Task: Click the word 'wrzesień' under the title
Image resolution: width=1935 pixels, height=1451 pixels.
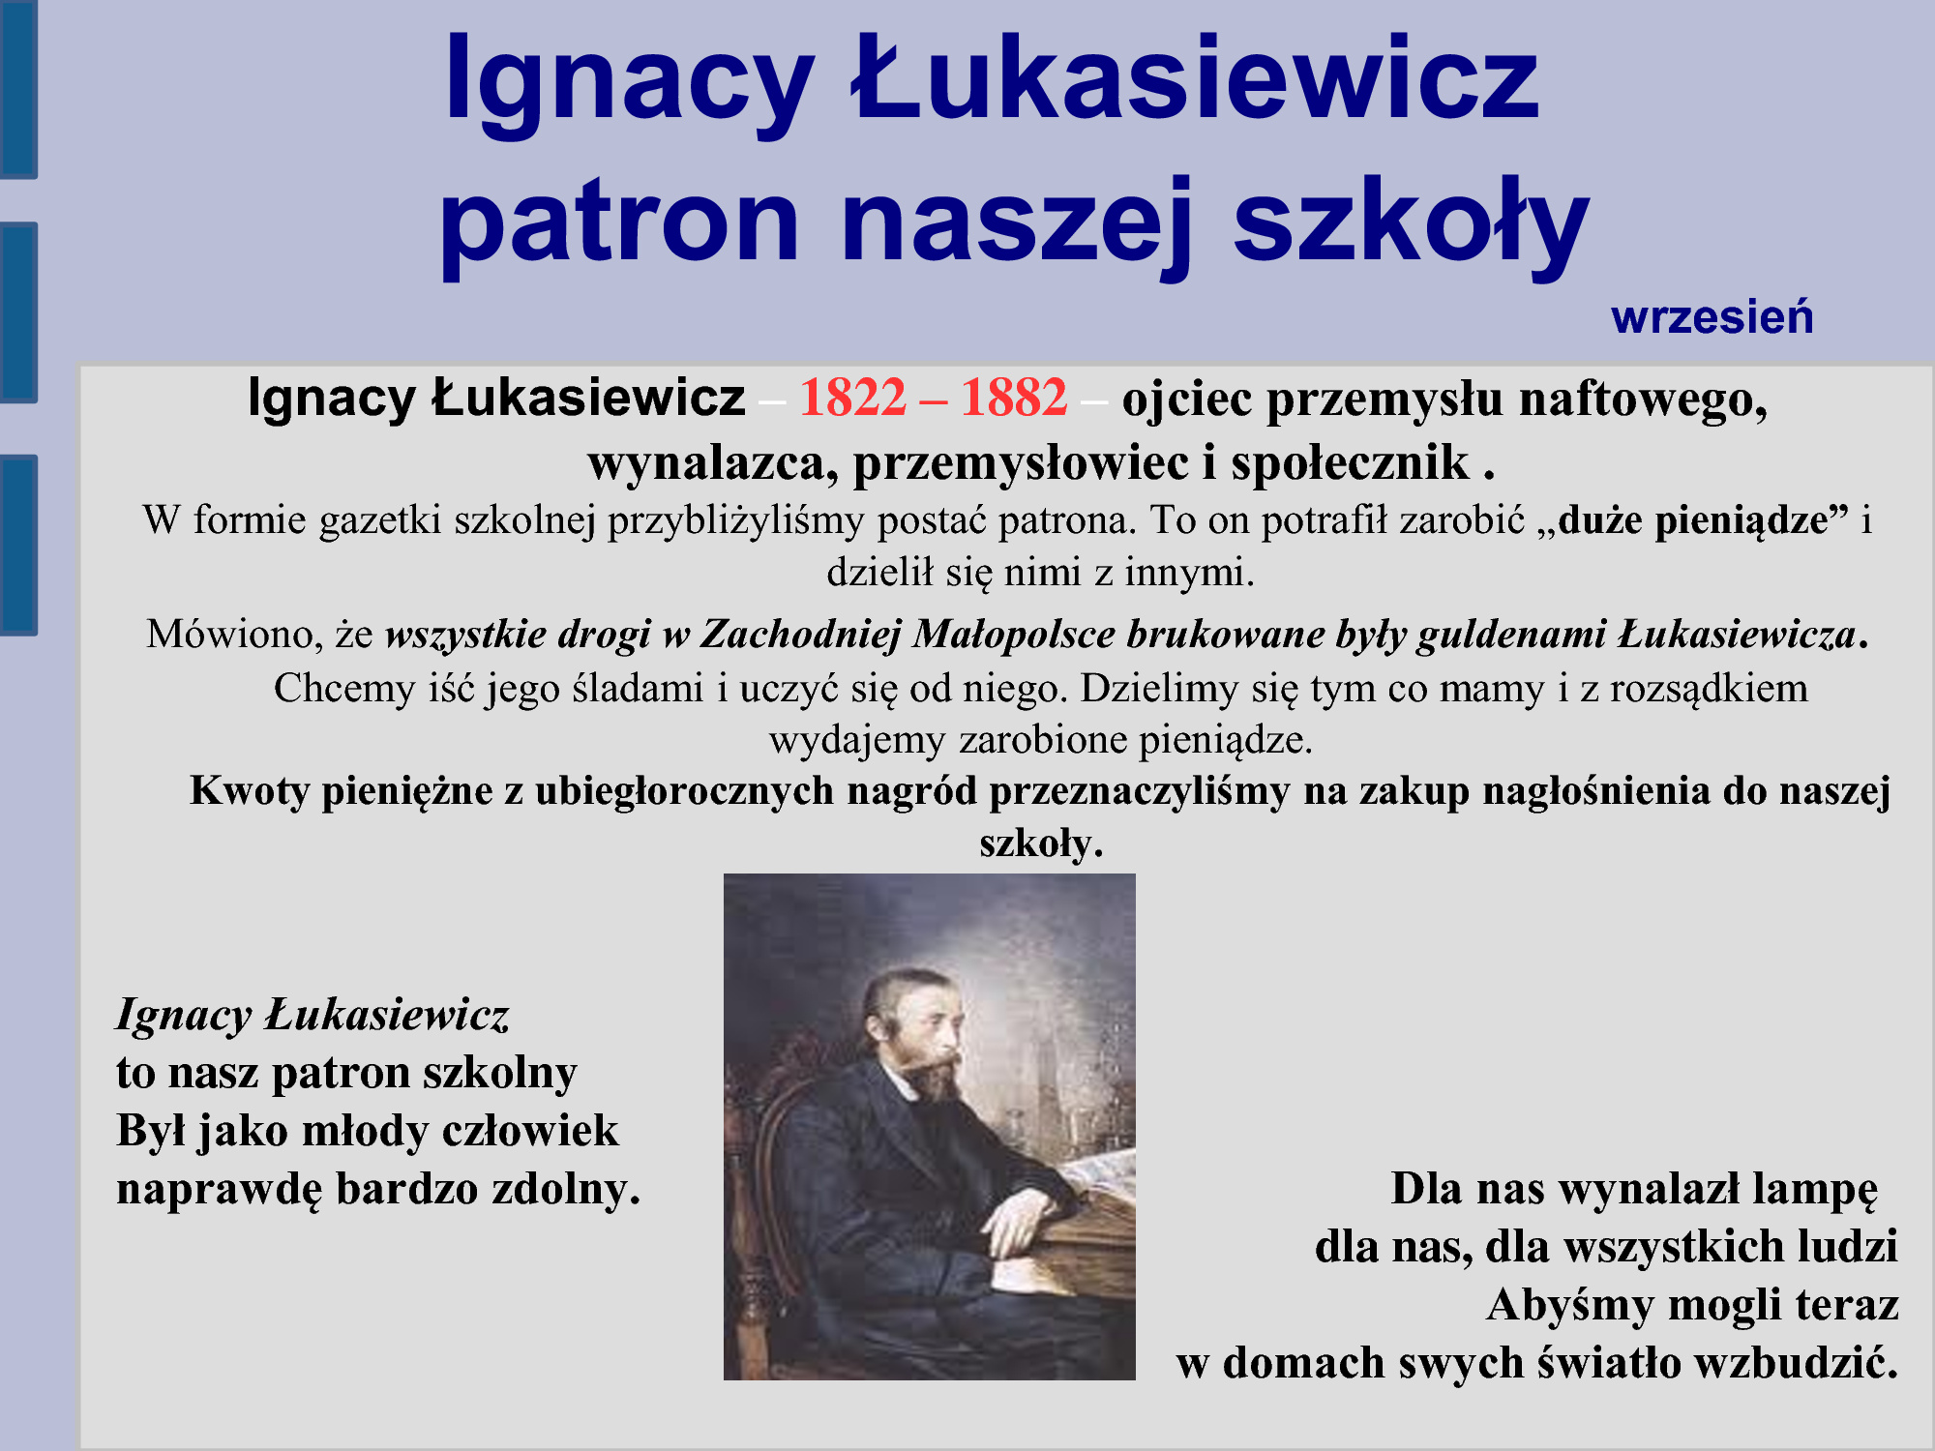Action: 1712,317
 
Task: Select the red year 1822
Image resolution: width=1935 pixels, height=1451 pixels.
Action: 852,398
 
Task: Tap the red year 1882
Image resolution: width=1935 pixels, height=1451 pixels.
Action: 1014,398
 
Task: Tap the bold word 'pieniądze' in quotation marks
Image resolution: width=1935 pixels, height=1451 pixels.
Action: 1741,522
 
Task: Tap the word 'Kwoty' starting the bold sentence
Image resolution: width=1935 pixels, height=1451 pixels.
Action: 250,791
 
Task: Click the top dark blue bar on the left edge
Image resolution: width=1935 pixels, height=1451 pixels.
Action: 18,89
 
